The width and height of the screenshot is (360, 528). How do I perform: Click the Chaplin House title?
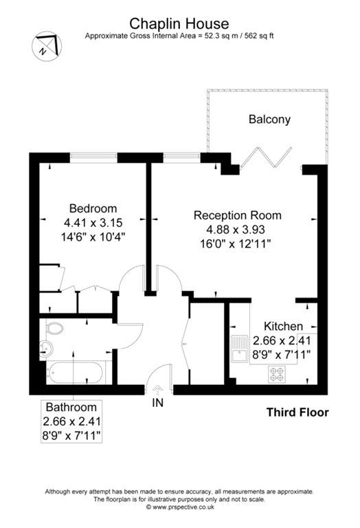(180, 24)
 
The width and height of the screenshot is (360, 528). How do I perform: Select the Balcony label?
(269, 119)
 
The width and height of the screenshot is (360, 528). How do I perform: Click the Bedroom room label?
(93, 208)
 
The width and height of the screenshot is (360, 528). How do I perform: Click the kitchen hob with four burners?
(277, 375)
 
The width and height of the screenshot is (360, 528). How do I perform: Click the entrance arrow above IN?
(157, 390)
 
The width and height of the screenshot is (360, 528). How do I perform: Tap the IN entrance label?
(157, 404)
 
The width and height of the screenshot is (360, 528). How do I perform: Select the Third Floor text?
(297, 412)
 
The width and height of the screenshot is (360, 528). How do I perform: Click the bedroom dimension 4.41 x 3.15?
(93, 222)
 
